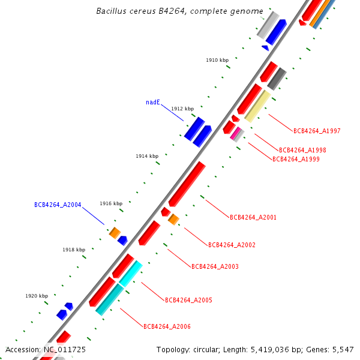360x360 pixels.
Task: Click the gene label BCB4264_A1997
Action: click(x=317, y=131)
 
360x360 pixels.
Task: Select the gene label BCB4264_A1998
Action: click(x=302, y=150)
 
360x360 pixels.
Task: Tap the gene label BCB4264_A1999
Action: click(x=296, y=160)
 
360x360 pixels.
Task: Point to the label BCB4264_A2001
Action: click(x=253, y=217)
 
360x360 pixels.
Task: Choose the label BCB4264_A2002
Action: click(x=232, y=245)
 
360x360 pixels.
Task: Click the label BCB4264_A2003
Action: click(x=215, y=266)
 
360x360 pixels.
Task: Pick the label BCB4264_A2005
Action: click(x=188, y=300)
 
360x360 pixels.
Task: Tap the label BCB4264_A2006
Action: click(x=167, y=326)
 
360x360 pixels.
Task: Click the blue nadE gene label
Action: click(x=153, y=103)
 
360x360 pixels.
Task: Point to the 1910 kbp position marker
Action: click(x=217, y=61)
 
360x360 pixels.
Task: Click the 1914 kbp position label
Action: click(x=147, y=156)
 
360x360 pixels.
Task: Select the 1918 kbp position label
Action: click(x=74, y=250)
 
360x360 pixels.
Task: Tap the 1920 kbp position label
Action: click(x=37, y=296)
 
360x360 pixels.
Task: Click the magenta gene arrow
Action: click(x=235, y=133)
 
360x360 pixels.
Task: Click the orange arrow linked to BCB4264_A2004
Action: click(x=114, y=232)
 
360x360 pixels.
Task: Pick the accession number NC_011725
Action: click(x=65, y=349)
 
